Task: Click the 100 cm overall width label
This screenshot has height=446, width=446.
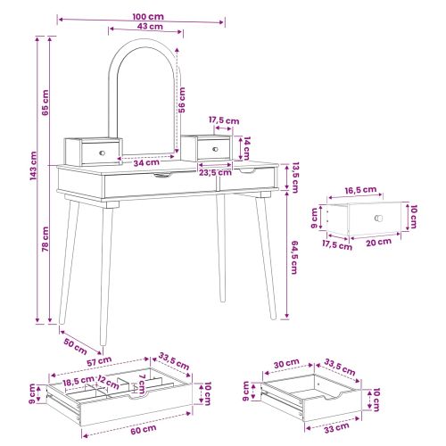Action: point(148,16)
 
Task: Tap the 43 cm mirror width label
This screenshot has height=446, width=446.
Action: point(150,26)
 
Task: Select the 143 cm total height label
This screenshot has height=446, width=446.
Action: point(33,166)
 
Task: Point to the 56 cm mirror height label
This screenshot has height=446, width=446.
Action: point(182,100)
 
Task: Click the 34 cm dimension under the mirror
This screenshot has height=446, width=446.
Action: point(146,162)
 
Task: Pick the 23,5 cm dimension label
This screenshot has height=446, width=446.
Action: point(215,172)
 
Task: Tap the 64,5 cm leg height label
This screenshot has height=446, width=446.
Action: point(293,257)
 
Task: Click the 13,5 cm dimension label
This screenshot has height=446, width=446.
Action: point(294,178)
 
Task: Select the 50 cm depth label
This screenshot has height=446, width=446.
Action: point(76,346)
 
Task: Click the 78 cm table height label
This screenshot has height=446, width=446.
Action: point(45,239)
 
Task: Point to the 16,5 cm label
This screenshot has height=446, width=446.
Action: point(360,190)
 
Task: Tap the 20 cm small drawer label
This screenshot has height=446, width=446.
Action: point(378,243)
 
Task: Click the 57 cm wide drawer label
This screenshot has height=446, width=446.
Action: point(99,361)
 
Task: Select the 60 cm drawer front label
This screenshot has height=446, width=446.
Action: point(144,429)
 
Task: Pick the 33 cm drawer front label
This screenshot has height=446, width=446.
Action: point(336,427)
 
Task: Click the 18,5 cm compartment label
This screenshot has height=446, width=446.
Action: point(78,381)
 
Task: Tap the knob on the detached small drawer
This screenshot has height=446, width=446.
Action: point(378,218)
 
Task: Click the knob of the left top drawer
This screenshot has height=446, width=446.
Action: point(102,153)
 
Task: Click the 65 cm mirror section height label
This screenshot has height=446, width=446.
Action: point(45,103)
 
